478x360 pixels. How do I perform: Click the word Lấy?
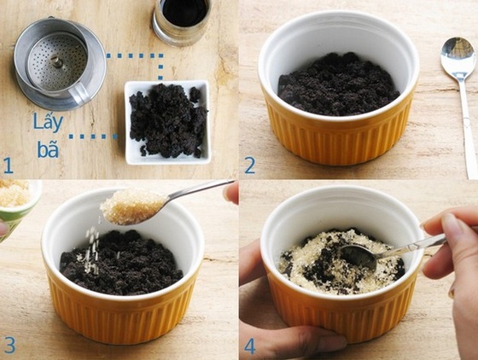pyautogui.click(x=48, y=120)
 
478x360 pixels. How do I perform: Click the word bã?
pyautogui.click(x=49, y=149)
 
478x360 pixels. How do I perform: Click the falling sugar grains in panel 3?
pyautogui.click(x=92, y=247)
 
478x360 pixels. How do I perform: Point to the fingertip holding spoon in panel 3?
pyautogui.click(x=231, y=192)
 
